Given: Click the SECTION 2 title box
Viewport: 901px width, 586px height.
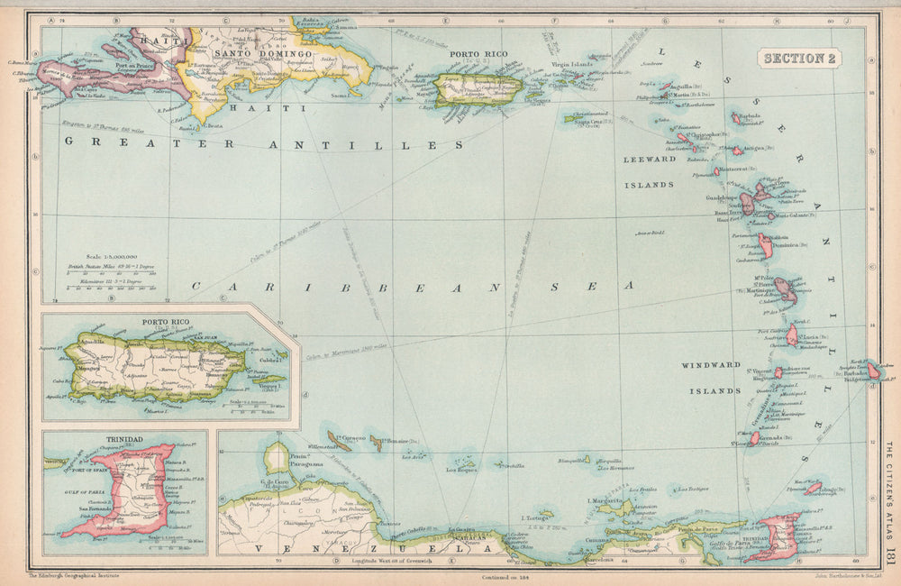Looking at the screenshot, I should coord(801,59).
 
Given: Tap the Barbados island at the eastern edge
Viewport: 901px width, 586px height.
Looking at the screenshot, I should coord(873,370).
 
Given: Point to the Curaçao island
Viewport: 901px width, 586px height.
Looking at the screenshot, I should coord(341,441).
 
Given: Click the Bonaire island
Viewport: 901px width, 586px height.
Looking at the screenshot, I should coord(376,443).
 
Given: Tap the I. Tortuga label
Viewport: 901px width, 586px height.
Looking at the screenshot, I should coord(536,517).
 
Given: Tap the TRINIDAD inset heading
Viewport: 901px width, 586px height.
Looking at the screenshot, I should coord(124,438).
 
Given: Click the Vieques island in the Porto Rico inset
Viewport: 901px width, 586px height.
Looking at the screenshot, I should coord(267,380).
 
